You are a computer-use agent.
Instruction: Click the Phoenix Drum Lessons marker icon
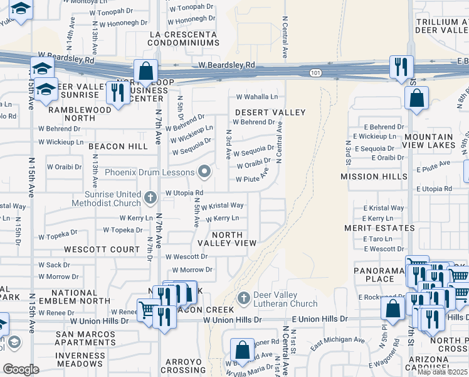[x=204, y=171]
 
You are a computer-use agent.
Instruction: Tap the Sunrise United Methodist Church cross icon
[x=149, y=199]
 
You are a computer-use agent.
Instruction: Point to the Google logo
[x=21, y=369]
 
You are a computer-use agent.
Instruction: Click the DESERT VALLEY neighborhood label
[x=270, y=112]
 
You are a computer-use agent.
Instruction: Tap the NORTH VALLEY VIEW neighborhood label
[x=227, y=238]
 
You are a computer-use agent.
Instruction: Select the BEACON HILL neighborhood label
[x=118, y=146]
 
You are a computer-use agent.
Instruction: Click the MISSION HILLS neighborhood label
[x=374, y=177]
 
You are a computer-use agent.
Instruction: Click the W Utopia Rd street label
[x=184, y=193]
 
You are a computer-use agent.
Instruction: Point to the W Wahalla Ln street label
[x=256, y=97]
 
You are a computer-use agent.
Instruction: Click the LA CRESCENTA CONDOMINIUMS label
[x=184, y=38]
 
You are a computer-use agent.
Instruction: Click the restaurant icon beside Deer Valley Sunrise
[x=117, y=92]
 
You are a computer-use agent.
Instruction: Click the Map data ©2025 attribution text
[x=442, y=371]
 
